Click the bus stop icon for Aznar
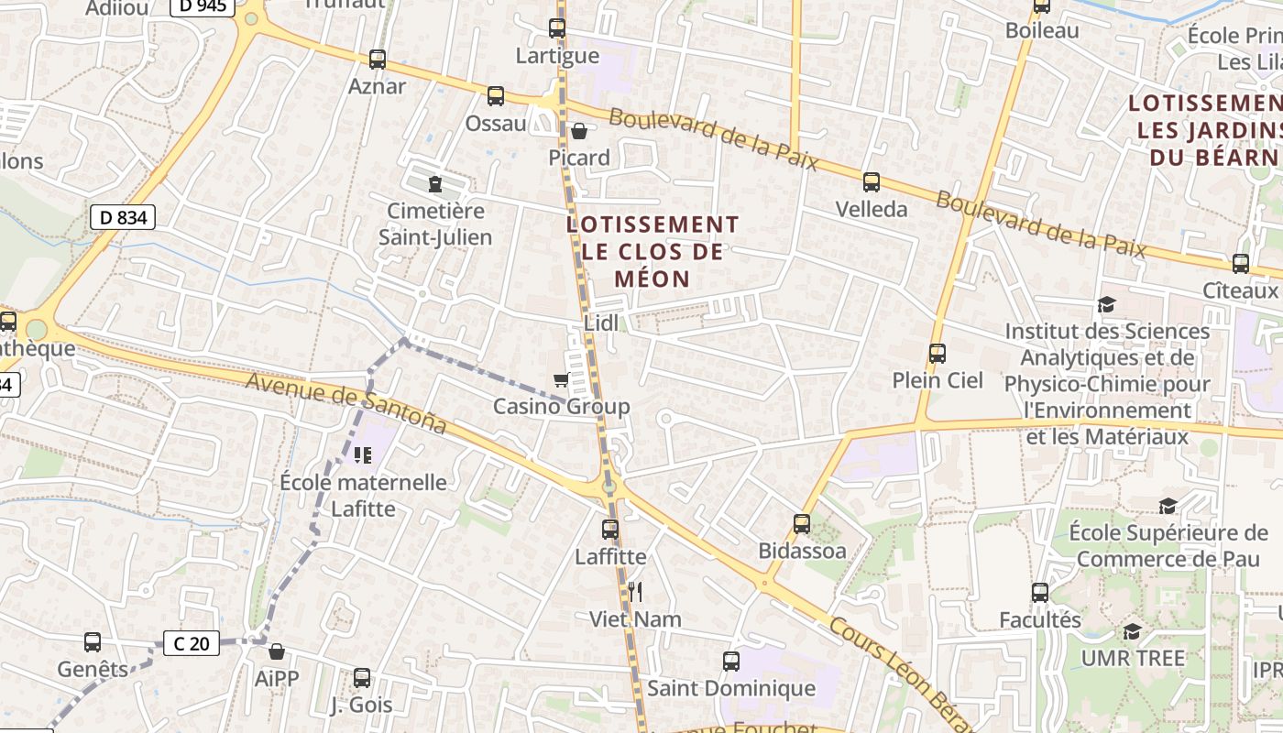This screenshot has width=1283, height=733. [377, 60]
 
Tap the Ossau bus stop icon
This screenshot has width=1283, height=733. [496, 95]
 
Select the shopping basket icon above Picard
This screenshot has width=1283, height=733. [579, 131]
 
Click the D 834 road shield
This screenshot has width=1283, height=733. [123, 217]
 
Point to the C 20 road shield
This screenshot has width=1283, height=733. [192, 643]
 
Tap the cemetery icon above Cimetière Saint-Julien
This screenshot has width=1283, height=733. [435, 184]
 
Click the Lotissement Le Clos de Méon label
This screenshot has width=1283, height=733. [652, 251]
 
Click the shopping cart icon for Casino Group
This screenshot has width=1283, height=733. [561, 379]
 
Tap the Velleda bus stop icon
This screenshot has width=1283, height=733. [872, 181]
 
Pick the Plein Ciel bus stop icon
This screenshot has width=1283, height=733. [937, 353]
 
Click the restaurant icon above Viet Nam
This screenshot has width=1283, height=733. [635, 592]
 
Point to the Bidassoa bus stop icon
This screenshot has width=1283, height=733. [802, 523]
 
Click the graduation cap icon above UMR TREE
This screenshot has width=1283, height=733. [1133, 631]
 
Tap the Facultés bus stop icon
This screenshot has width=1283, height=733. [1039, 593]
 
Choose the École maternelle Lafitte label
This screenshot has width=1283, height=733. [363, 495]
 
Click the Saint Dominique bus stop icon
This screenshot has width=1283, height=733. [730, 661]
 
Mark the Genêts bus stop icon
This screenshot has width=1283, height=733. [93, 642]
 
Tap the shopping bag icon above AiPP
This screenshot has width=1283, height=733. [277, 651]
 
